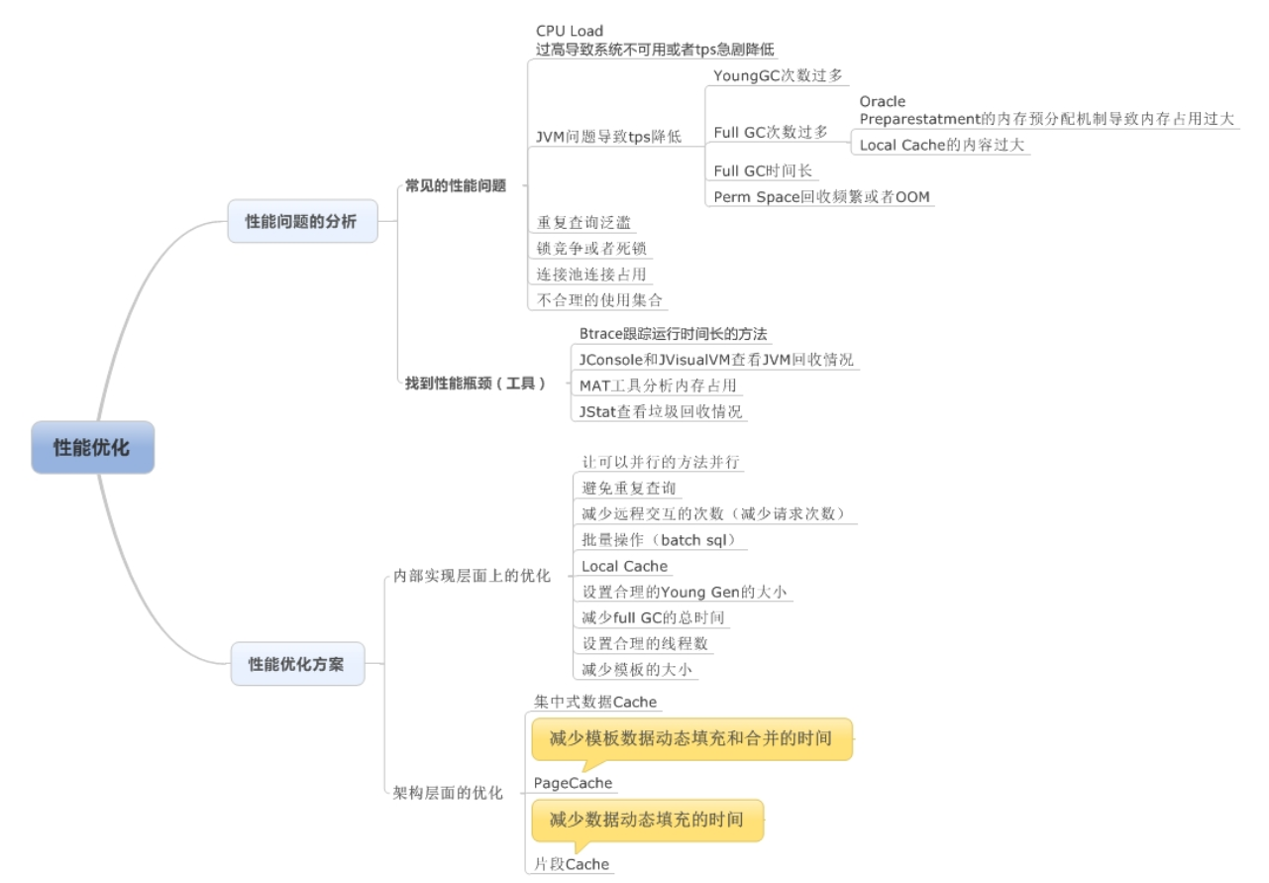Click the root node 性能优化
click(x=92, y=447)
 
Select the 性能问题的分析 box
click(x=301, y=221)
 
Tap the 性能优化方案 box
click(x=296, y=664)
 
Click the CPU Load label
click(x=570, y=31)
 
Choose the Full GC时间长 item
click(x=763, y=170)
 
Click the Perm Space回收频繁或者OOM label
click(x=822, y=196)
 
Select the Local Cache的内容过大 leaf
click(x=941, y=145)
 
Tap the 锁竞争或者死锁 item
click(x=591, y=248)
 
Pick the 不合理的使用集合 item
click(x=599, y=299)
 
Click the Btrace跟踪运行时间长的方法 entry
click(x=674, y=333)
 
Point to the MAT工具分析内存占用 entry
click(x=658, y=385)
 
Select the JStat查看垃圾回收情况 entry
click(x=661, y=410)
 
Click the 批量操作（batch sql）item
click(x=661, y=540)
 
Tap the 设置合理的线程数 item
click(x=645, y=643)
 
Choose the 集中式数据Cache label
click(x=595, y=702)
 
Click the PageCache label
click(x=574, y=783)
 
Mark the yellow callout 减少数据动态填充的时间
click(x=648, y=820)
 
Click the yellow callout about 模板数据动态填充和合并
click(x=691, y=738)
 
